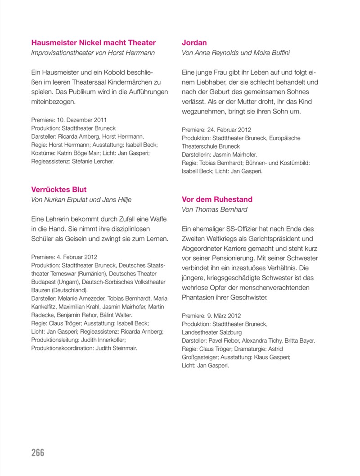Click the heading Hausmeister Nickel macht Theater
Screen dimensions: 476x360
point(94,43)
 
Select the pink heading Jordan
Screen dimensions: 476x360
point(194,43)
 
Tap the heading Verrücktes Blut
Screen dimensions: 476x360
point(59,190)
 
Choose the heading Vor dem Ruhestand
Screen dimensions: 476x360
point(217,199)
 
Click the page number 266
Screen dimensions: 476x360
point(38,453)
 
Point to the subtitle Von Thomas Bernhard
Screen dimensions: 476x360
point(214,209)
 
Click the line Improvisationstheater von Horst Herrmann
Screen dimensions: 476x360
point(93,53)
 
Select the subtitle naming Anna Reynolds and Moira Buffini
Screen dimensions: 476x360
point(236,53)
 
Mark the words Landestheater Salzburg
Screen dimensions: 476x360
point(211,332)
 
